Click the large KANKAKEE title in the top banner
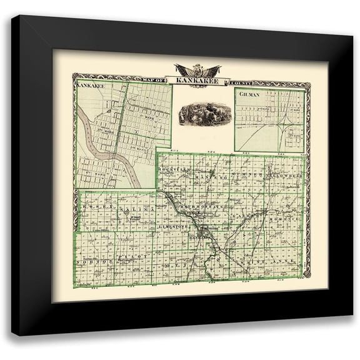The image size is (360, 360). click(x=194, y=81)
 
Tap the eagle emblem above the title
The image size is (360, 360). click(x=194, y=69)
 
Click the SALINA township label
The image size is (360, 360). click(x=137, y=207)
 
